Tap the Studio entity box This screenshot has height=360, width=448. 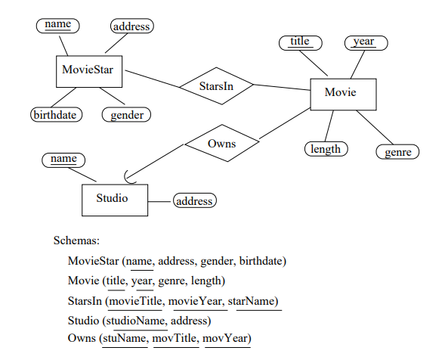coord(114,200)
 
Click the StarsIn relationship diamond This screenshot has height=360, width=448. coord(216,86)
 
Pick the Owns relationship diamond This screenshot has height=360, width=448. coord(221,144)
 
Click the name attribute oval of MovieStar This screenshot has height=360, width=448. coord(57,25)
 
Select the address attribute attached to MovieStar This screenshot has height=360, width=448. coord(132,26)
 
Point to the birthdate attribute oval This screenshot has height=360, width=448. coord(54,115)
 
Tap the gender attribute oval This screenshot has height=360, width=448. coord(126,115)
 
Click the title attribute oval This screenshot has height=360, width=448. coord(300,42)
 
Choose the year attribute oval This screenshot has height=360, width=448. coord(364,42)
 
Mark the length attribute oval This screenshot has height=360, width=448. coord(326,149)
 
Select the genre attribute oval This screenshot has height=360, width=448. coord(397,152)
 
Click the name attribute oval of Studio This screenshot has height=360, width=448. coord(63,159)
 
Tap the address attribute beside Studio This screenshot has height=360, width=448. coord(194,201)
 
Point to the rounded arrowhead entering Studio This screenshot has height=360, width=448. coord(130,178)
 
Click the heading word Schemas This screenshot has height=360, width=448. coord(76,241)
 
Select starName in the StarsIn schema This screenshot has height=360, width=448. coord(255,301)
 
